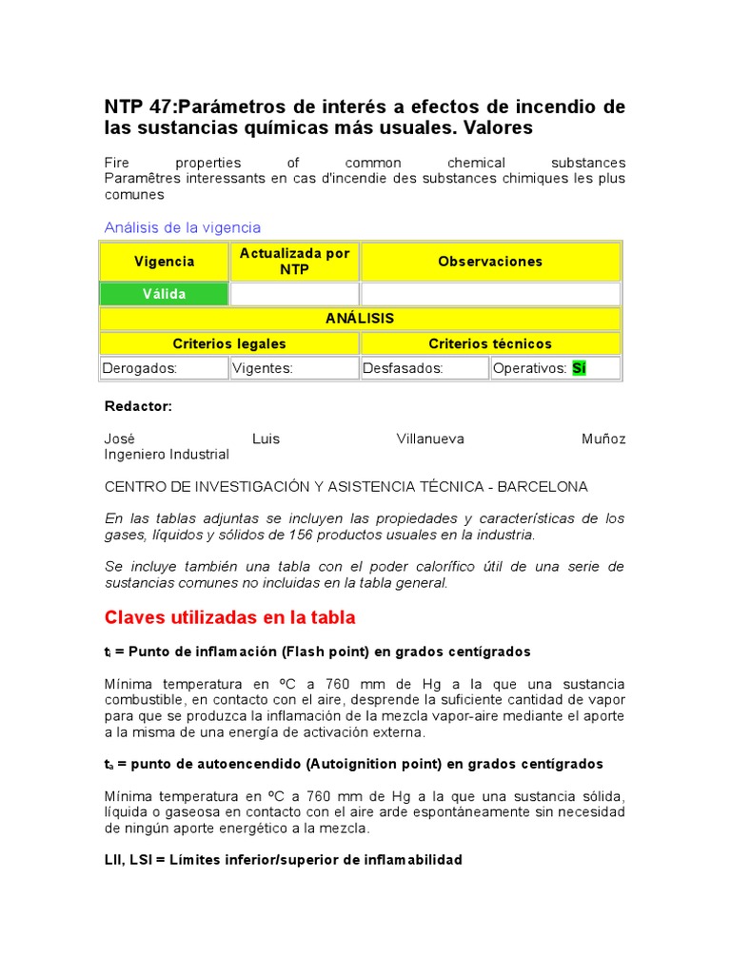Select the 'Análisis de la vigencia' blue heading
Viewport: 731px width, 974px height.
point(182,227)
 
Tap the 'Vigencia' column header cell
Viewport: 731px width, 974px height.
point(165,262)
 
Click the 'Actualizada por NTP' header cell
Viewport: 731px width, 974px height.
point(294,262)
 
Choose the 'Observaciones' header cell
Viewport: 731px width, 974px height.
point(490,262)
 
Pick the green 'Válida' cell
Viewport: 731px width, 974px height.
point(165,294)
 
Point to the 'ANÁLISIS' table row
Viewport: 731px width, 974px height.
point(360,319)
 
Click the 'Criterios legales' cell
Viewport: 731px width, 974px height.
point(229,343)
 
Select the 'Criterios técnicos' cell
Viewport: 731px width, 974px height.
point(490,343)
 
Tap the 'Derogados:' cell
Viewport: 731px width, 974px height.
point(140,368)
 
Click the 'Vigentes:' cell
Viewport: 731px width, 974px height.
point(263,368)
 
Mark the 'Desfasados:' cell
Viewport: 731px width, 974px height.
point(403,368)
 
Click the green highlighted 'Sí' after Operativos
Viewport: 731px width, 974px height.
point(579,368)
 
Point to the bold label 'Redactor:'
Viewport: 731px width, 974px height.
point(138,406)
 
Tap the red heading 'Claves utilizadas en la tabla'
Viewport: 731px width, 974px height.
point(229,617)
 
